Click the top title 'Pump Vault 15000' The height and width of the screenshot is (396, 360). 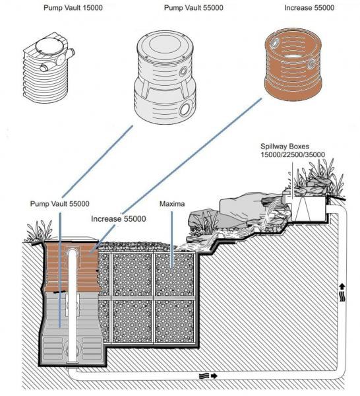click(x=73, y=8)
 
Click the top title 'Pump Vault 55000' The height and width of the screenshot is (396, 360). click(x=193, y=8)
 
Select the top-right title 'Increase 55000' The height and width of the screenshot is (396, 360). click(x=309, y=8)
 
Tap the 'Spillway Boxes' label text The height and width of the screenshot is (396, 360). click(x=285, y=147)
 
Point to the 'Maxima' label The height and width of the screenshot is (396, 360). click(x=172, y=203)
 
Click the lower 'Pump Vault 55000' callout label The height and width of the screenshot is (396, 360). click(x=59, y=203)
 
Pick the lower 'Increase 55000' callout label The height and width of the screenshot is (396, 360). click(x=118, y=218)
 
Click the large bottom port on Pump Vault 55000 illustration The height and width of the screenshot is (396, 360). click(x=185, y=108)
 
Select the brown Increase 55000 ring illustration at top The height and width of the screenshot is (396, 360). click(x=293, y=65)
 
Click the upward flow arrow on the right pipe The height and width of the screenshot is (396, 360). click(x=342, y=286)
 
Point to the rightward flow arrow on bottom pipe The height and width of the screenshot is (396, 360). click(x=214, y=376)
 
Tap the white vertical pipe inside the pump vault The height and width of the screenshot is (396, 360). click(x=73, y=306)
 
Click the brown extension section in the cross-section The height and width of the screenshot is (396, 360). click(x=73, y=267)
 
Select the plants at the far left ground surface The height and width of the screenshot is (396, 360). click(x=39, y=231)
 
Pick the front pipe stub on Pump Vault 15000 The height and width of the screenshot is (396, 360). click(x=45, y=67)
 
